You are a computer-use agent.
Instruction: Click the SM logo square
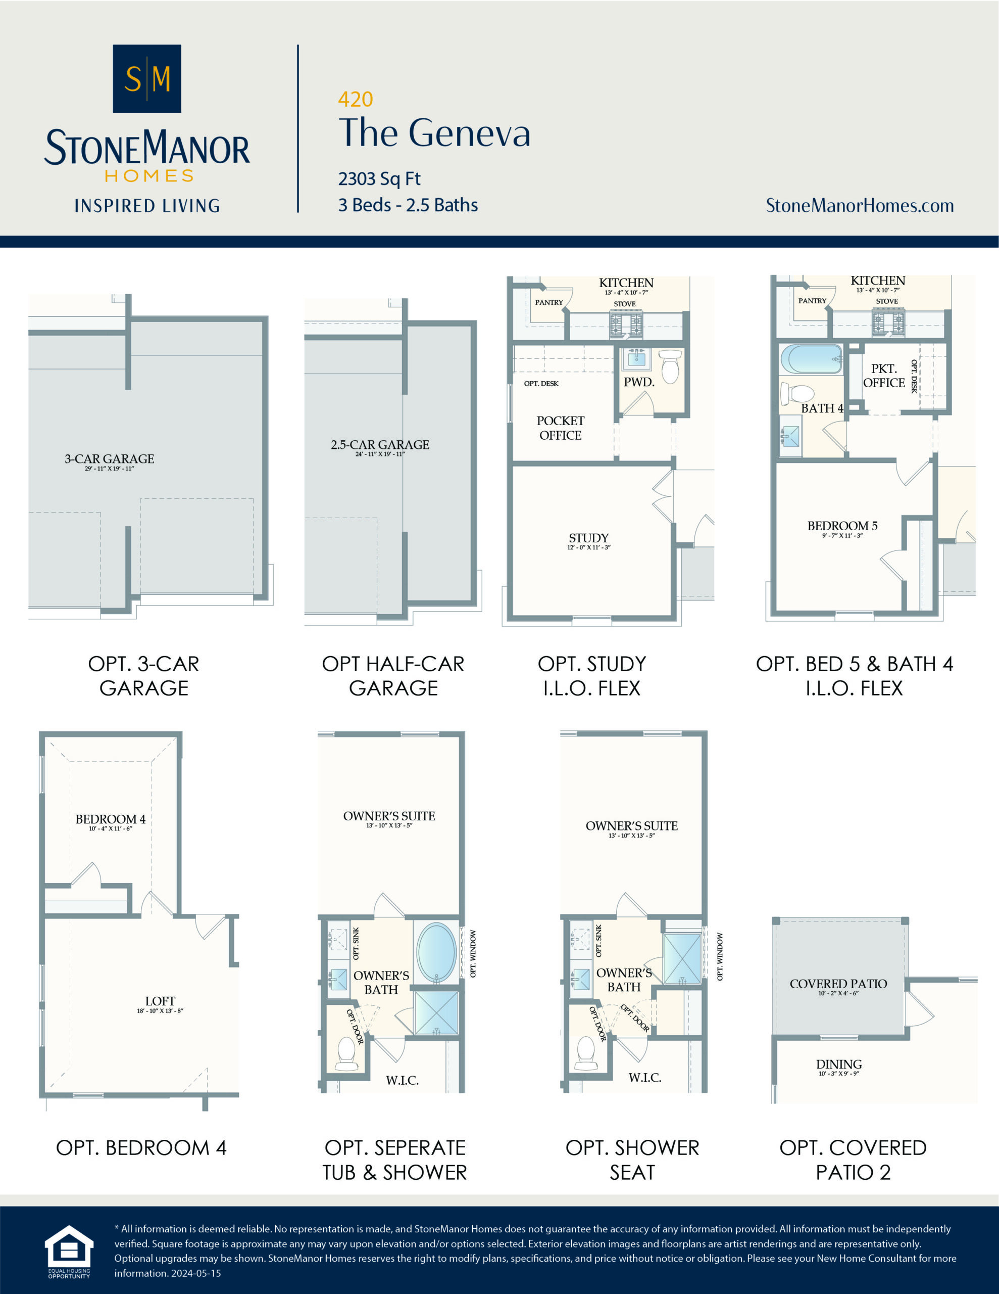click(x=147, y=79)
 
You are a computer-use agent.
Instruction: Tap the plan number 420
click(x=355, y=100)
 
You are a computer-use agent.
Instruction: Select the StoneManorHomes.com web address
click(x=859, y=206)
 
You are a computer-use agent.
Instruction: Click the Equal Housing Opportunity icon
click(x=69, y=1250)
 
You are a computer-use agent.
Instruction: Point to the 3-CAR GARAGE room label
click(x=110, y=459)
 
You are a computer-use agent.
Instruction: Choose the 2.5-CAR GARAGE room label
click(x=380, y=445)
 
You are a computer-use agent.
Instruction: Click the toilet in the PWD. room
click(x=670, y=367)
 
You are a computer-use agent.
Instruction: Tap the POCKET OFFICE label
click(x=560, y=428)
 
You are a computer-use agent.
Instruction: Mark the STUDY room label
click(x=588, y=538)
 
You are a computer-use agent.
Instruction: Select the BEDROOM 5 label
click(x=842, y=526)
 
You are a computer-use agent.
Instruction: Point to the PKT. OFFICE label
click(x=883, y=376)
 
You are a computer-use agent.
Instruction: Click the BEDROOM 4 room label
click(x=110, y=819)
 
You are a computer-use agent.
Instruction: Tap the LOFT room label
click(x=160, y=1001)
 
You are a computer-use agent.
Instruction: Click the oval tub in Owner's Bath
click(x=436, y=952)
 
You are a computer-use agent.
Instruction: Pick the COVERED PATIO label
click(x=838, y=984)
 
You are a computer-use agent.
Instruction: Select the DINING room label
click(x=838, y=1065)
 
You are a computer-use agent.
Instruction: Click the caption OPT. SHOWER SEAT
click(x=632, y=1160)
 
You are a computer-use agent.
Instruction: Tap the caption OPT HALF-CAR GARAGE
click(x=393, y=675)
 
